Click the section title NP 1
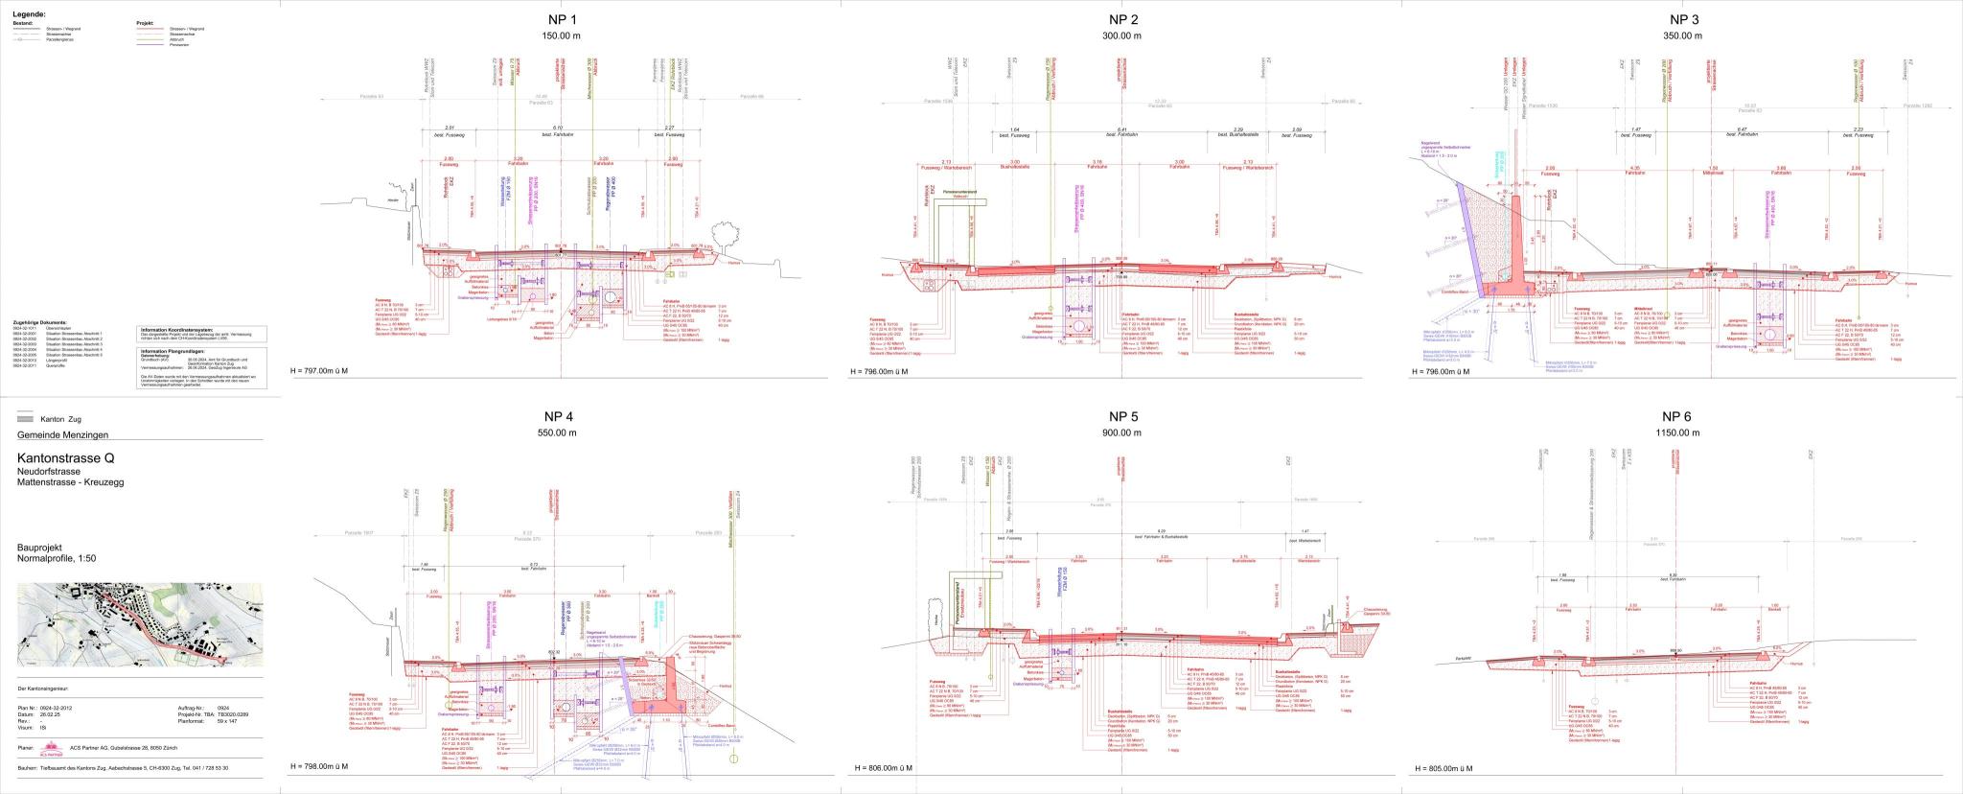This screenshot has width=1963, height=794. tap(560, 19)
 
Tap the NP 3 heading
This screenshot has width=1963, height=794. tap(1684, 19)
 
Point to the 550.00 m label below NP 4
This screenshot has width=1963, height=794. tap(560, 433)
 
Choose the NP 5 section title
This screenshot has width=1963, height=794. tap(1123, 416)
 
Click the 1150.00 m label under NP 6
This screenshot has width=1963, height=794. tap(1682, 433)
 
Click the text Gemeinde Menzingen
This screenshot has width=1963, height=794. tap(63, 435)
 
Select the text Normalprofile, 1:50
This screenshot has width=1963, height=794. tap(57, 558)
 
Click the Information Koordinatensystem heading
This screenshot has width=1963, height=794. tap(182, 329)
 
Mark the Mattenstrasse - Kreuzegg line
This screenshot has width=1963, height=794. tap(70, 482)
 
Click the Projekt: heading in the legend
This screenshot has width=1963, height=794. tap(145, 21)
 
